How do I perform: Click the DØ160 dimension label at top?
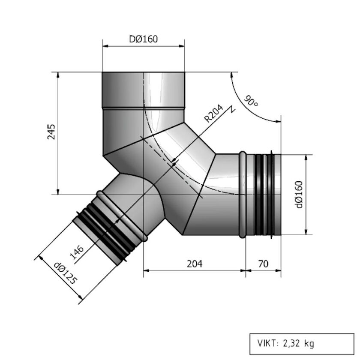point(144,39)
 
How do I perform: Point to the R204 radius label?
point(213,114)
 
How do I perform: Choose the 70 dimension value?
point(263,264)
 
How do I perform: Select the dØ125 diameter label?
point(65,274)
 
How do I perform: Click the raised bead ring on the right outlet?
point(243,194)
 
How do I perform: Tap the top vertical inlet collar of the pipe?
point(144,90)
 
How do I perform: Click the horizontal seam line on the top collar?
point(144,108)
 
